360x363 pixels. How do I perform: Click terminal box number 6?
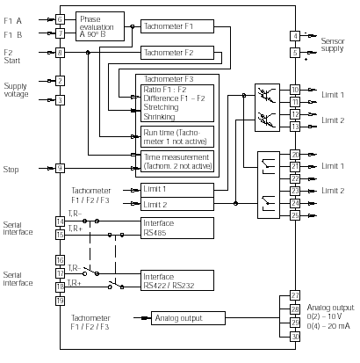[x=60, y=19]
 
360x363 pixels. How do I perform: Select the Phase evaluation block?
[x=100, y=26]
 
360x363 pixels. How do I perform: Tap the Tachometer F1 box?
[x=177, y=26]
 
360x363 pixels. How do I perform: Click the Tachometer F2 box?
[x=177, y=53]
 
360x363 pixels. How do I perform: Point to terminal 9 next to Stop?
[x=60, y=168]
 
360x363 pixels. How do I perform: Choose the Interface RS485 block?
[x=177, y=228]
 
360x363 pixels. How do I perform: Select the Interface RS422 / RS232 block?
[x=177, y=280]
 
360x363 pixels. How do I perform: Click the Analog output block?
[x=188, y=318]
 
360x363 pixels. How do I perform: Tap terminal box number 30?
[x=295, y=337]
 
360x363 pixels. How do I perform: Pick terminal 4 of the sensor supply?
[x=295, y=36]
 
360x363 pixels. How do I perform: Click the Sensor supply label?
[x=333, y=45]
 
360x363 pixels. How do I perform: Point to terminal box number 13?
[x=295, y=127]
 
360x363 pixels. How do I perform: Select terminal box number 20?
[x=295, y=155]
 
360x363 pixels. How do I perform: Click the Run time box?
[x=177, y=137]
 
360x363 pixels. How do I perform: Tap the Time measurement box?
[x=177, y=161]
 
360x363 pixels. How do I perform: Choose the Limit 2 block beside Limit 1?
[x=177, y=204]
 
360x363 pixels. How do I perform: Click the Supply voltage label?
[x=16, y=90]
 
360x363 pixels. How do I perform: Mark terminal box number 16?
[x=60, y=260]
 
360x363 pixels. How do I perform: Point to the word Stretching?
[x=161, y=107]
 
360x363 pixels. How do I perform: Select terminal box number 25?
[x=295, y=215]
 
